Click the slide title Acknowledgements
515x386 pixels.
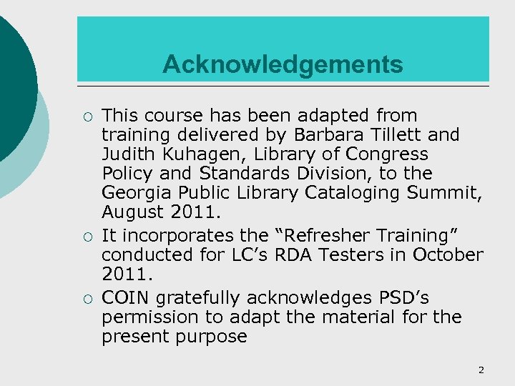[x=283, y=65]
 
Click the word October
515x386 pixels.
[x=448, y=254]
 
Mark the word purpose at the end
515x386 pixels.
[x=211, y=337]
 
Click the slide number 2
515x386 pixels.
[x=481, y=370]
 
